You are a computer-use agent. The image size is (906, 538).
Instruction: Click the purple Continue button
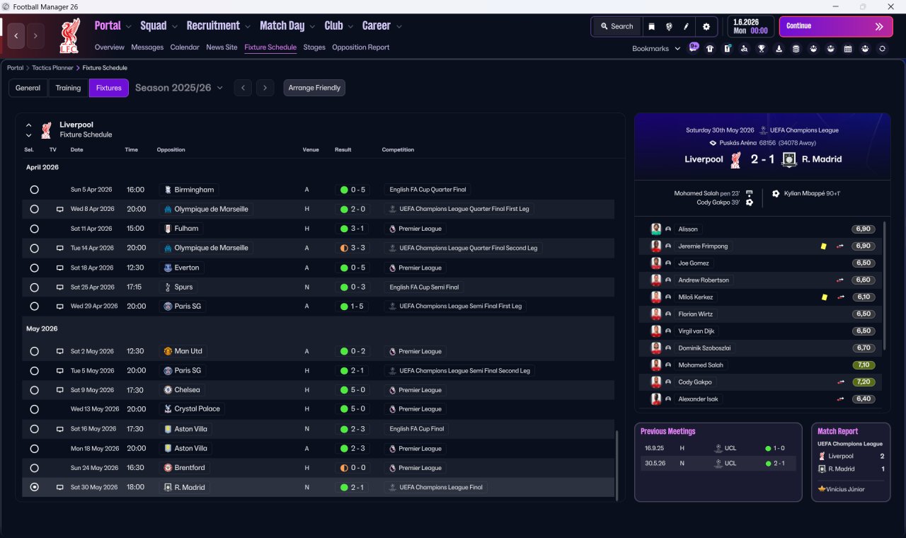pos(835,26)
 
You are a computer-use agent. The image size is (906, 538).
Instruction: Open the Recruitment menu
pos(214,26)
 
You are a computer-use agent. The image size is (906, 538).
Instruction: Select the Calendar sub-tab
pos(185,47)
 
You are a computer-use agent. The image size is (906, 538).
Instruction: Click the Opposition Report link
pos(360,47)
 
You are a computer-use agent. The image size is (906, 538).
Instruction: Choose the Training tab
pos(68,88)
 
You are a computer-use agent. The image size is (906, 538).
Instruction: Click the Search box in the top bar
pos(617,26)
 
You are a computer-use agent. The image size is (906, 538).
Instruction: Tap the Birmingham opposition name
pos(193,190)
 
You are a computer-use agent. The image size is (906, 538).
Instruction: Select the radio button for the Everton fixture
pos(34,268)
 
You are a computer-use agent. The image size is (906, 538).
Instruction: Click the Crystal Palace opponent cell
pos(197,409)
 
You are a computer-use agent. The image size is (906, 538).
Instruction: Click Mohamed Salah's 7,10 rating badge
pos(864,365)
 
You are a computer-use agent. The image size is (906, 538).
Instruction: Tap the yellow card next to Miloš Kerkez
pos(824,297)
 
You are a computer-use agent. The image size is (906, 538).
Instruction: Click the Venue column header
pos(311,150)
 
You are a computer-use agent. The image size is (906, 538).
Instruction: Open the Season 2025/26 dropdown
pos(179,88)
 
